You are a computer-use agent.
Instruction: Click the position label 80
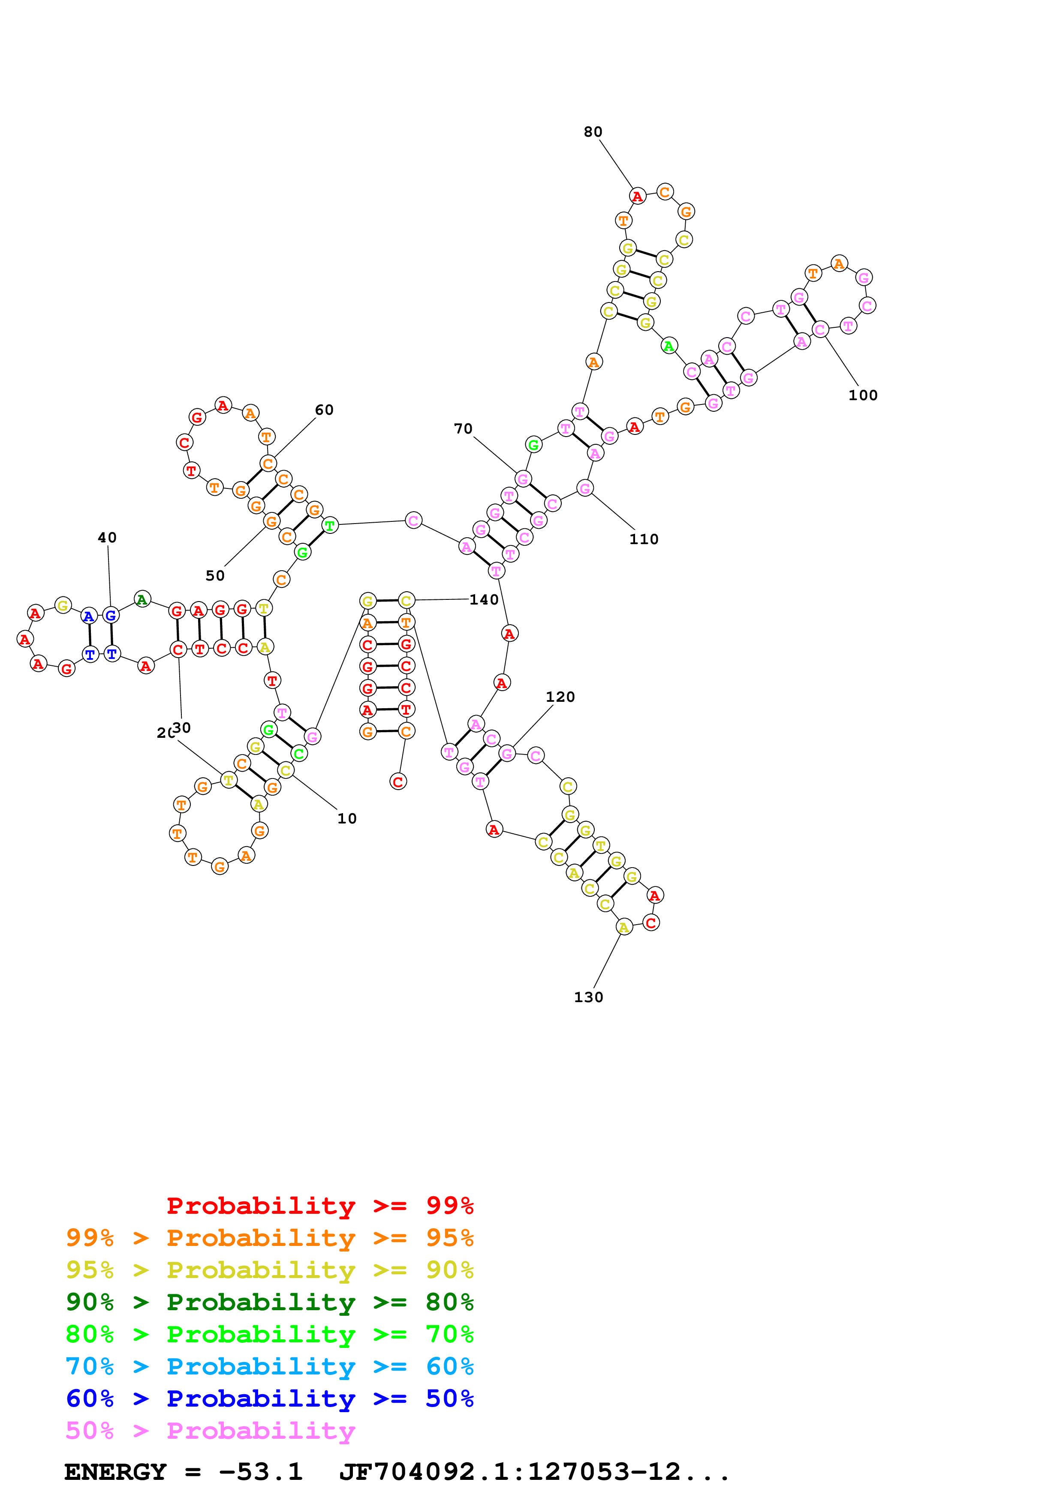pos(593,132)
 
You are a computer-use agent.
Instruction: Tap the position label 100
pos(863,395)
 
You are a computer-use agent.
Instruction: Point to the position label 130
pos(588,997)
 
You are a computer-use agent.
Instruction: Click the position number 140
pos(484,600)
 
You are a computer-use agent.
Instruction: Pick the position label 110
pos(644,539)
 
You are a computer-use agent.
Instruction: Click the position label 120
pos(560,697)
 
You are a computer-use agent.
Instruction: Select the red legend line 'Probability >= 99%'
pos(319,1205)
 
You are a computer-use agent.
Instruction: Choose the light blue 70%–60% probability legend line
pos(269,1366)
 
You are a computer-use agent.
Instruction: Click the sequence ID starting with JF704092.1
pos(534,1472)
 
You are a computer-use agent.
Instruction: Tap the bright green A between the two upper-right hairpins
pos(669,346)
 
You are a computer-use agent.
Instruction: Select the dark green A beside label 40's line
pos(142,599)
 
